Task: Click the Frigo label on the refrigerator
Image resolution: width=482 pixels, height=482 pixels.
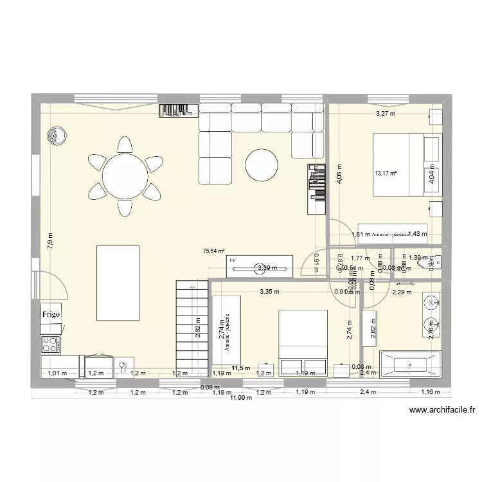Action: click(x=51, y=315)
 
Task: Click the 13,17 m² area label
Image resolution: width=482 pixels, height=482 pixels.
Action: click(x=386, y=173)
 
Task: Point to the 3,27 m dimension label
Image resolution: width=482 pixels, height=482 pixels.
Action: click(x=386, y=114)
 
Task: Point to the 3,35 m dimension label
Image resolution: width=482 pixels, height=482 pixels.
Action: click(x=269, y=291)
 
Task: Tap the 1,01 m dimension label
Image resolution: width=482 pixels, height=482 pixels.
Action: click(x=57, y=373)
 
